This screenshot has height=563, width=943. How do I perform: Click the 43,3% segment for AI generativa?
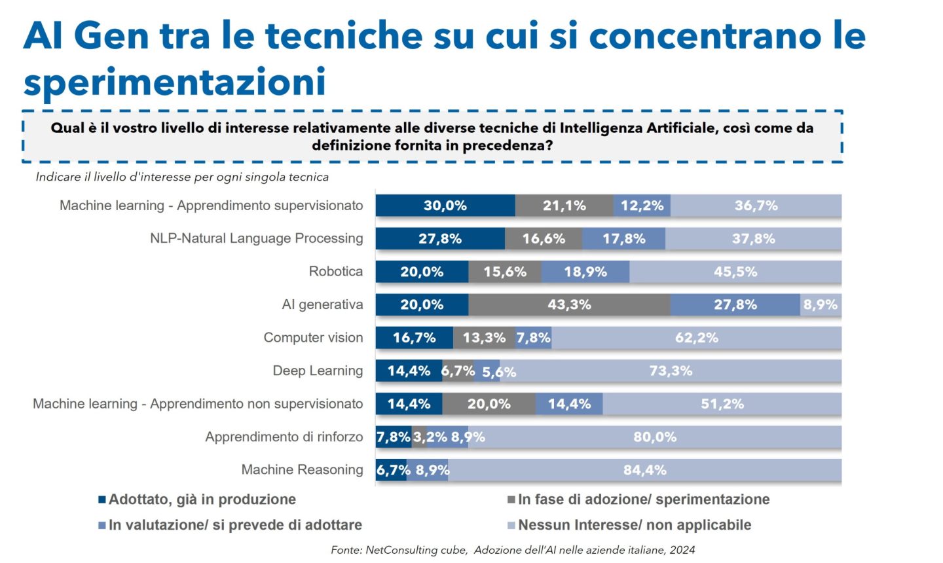point(569,305)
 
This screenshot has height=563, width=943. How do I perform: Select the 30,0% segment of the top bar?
point(445,206)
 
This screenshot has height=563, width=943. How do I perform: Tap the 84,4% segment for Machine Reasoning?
point(644,470)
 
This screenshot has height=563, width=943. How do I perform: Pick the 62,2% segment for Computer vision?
point(696,338)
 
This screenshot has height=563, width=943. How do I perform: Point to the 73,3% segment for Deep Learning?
point(671,371)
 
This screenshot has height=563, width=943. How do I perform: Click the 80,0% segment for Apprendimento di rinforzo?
point(655,437)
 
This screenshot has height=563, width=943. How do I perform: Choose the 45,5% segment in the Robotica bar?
point(735,272)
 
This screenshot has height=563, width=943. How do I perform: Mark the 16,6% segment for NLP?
point(544,239)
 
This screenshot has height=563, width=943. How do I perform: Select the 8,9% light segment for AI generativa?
point(821,305)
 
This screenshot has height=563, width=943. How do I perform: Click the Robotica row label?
point(335,272)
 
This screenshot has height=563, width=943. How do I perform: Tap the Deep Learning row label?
point(318,371)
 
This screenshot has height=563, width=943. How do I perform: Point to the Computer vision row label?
point(313,338)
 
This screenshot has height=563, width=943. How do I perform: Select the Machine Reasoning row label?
point(302,470)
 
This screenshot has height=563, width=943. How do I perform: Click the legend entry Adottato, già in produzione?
point(202,499)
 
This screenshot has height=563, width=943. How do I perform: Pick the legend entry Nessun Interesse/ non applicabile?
point(634,525)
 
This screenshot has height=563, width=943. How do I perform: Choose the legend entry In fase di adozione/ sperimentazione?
point(643,499)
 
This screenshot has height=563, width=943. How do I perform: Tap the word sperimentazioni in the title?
point(174,82)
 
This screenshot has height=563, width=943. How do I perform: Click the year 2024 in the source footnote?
point(682,550)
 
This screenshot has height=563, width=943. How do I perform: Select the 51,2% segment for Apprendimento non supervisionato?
point(722,404)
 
